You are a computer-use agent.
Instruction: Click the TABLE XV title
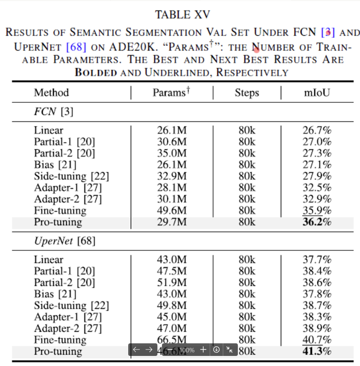click(179, 14)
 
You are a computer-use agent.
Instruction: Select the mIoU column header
click(317, 93)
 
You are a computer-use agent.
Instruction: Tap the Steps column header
click(247, 93)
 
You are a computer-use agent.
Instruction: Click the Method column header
click(51, 93)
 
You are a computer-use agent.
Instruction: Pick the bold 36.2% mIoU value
click(317, 223)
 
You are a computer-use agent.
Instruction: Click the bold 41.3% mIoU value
click(317, 351)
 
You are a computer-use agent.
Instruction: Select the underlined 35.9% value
click(317, 211)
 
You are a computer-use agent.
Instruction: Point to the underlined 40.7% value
click(317, 340)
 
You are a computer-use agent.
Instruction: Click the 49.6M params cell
click(171, 211)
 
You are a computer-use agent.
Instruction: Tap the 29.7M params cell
click(171, 223)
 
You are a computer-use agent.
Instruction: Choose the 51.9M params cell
click(171, 282)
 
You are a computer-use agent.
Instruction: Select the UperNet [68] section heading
click(64, 241)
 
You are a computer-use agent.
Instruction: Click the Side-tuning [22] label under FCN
click(71, 176)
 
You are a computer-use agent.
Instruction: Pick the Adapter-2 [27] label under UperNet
click(67, 328)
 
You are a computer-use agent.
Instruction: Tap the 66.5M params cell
click(171, 340)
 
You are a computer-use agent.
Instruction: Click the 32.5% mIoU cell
click(317, 188)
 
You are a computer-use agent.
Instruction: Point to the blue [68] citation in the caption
click(76, 46)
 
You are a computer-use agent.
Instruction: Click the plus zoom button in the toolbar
click(203, 349)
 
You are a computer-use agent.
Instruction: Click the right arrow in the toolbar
click(149, 349)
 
